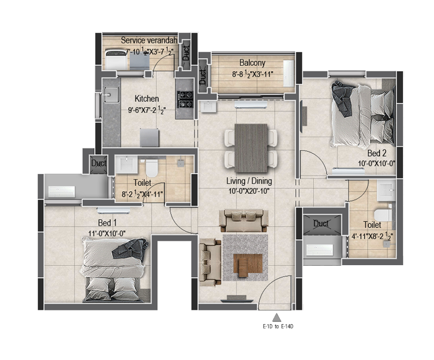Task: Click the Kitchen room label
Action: (147, 99)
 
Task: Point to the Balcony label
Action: (253, 63)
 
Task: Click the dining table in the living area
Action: (251, 148)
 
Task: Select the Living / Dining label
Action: (249, 181)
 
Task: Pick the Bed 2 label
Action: (376, 153)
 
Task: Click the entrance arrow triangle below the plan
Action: (277, 317)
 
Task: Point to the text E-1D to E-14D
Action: (278, 327)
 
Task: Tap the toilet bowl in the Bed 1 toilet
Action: (152, 168)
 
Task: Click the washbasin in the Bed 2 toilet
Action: (386, 190)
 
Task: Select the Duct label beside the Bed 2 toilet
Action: (321, 223)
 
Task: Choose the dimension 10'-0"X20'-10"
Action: (249, 191)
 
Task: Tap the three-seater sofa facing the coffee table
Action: (243, 221)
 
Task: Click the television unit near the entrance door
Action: (237, 299)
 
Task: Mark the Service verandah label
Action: (149, 40)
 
